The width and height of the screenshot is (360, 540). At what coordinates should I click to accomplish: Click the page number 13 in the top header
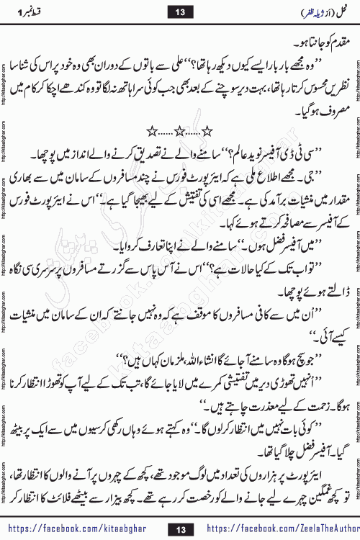[179, 12]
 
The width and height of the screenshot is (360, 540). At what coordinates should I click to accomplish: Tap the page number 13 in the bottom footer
[179, 529]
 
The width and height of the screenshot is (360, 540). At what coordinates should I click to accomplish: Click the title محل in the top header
[338, 12]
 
